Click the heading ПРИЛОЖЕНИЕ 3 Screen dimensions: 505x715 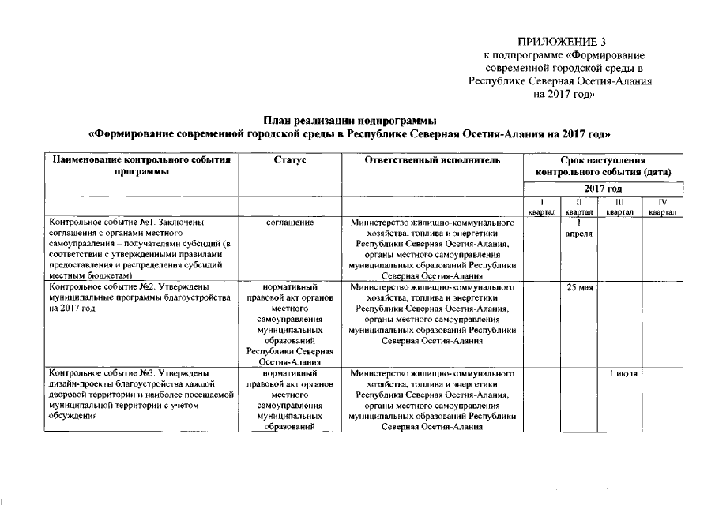(x=563, y=41)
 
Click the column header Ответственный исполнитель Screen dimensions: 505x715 (x=432, y=160)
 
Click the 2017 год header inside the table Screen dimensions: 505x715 (x=603, y=189)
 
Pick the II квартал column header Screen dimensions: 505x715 (x=580, y=208)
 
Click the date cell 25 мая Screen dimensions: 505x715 (x=580, y=288)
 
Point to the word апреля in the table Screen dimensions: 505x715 (x=580, y=234)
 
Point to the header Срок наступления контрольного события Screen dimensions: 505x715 (x=603, y=166)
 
